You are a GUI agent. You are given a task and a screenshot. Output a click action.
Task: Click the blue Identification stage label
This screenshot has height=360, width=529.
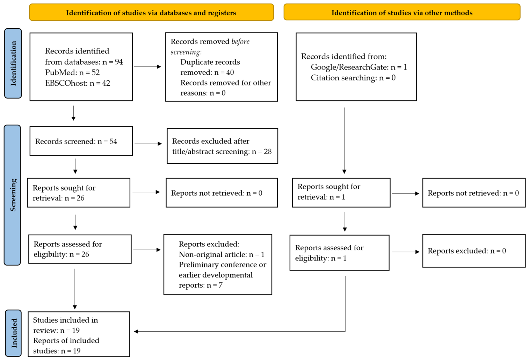point(13,63)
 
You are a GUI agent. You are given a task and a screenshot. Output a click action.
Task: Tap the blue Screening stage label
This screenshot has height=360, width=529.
point(12,195)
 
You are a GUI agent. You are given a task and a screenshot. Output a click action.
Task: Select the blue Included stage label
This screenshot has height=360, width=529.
point(13,333)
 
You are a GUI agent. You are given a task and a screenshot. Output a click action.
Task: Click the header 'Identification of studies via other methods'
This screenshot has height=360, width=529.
point(402,12)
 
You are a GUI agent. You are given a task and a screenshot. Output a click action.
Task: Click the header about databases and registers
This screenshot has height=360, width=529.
point(151,12)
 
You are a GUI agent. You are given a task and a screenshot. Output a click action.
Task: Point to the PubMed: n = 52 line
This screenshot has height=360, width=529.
point(72,72)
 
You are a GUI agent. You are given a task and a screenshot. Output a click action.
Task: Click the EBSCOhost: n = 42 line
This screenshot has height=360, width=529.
point(78,83)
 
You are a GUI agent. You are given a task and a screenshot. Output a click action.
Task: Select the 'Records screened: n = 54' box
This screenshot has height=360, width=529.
point(81,141)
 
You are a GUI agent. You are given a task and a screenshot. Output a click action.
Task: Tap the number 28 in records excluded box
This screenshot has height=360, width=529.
point(268,151)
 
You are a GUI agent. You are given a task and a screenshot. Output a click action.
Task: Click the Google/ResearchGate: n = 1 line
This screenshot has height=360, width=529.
point(359,67)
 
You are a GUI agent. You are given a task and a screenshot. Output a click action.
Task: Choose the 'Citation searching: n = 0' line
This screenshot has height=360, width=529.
point(353,78)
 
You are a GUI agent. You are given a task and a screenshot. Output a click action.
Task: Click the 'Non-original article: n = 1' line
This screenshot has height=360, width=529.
point(222,254)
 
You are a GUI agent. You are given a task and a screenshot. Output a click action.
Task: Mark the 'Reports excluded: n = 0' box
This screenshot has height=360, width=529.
point(474,251)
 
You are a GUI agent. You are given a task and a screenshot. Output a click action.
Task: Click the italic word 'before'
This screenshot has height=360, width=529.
point(240,42)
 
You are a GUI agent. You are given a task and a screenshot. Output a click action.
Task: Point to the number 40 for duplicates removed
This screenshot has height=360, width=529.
point(230,72)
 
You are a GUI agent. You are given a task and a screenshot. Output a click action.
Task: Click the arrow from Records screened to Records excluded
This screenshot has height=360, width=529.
point(148,144)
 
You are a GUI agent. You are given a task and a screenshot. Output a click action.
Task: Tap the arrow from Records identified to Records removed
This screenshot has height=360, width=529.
point(147,67)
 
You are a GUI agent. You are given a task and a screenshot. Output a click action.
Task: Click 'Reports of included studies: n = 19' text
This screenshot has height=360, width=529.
point(66,346)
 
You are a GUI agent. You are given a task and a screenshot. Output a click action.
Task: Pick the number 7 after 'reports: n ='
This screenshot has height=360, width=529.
point(220,285)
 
